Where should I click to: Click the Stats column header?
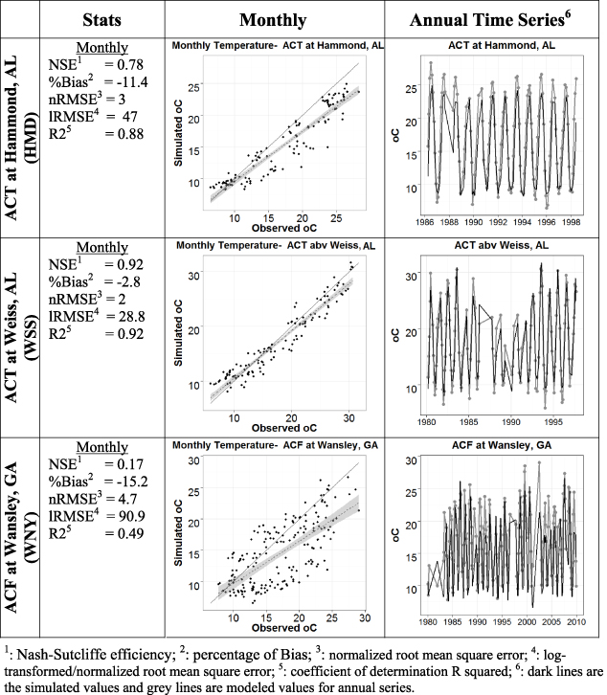pos(101,18)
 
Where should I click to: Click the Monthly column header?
pos(273,18)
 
